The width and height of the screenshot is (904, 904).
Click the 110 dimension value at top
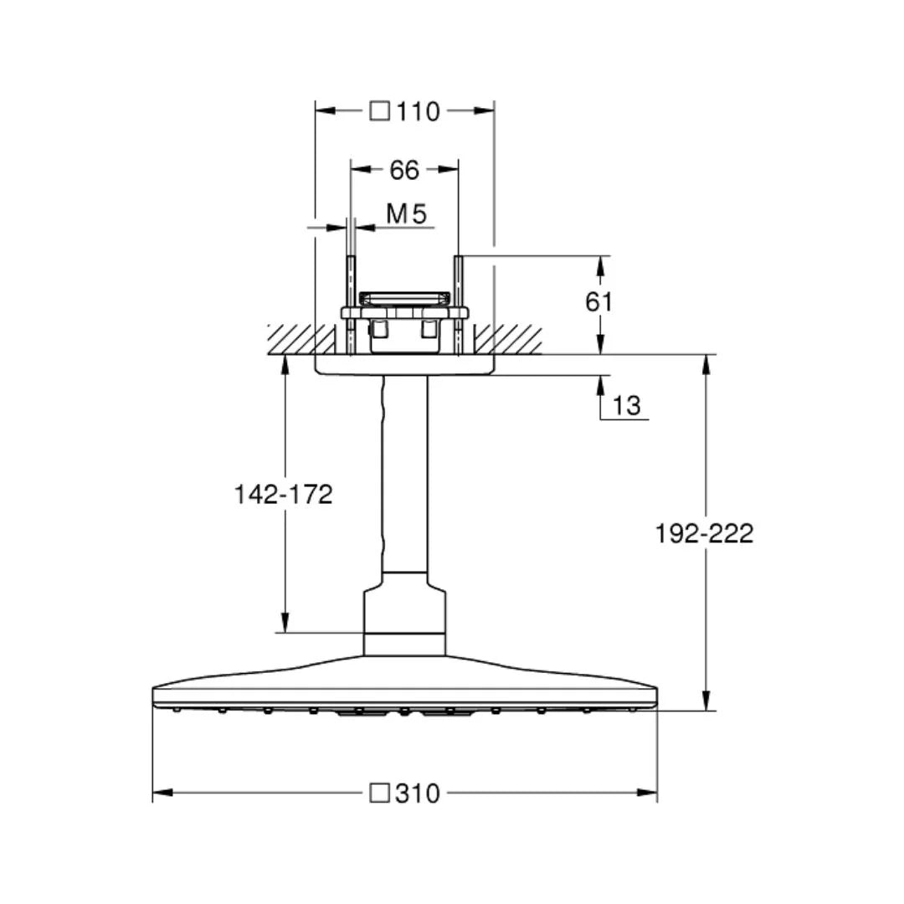419,110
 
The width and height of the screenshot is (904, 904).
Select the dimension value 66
403,170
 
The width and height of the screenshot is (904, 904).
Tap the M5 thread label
407,214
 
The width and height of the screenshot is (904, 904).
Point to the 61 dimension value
599,301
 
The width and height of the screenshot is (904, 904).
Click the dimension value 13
626,406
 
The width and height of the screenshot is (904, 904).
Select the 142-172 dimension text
283,495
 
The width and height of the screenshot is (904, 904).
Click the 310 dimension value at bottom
419,793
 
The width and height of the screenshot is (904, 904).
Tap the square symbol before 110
380,110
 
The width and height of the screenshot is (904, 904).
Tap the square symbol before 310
380,793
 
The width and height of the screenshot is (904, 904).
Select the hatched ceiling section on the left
290,339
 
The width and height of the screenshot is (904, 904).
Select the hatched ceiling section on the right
509,339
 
